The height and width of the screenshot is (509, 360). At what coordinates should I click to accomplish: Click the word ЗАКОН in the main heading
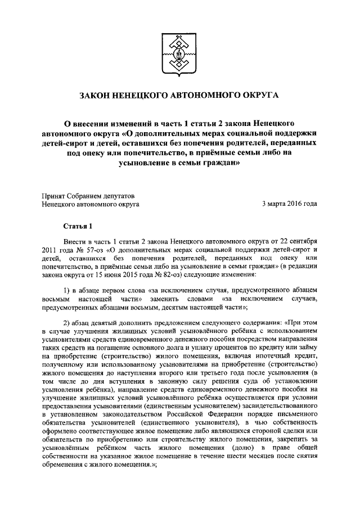coord(97,97)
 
